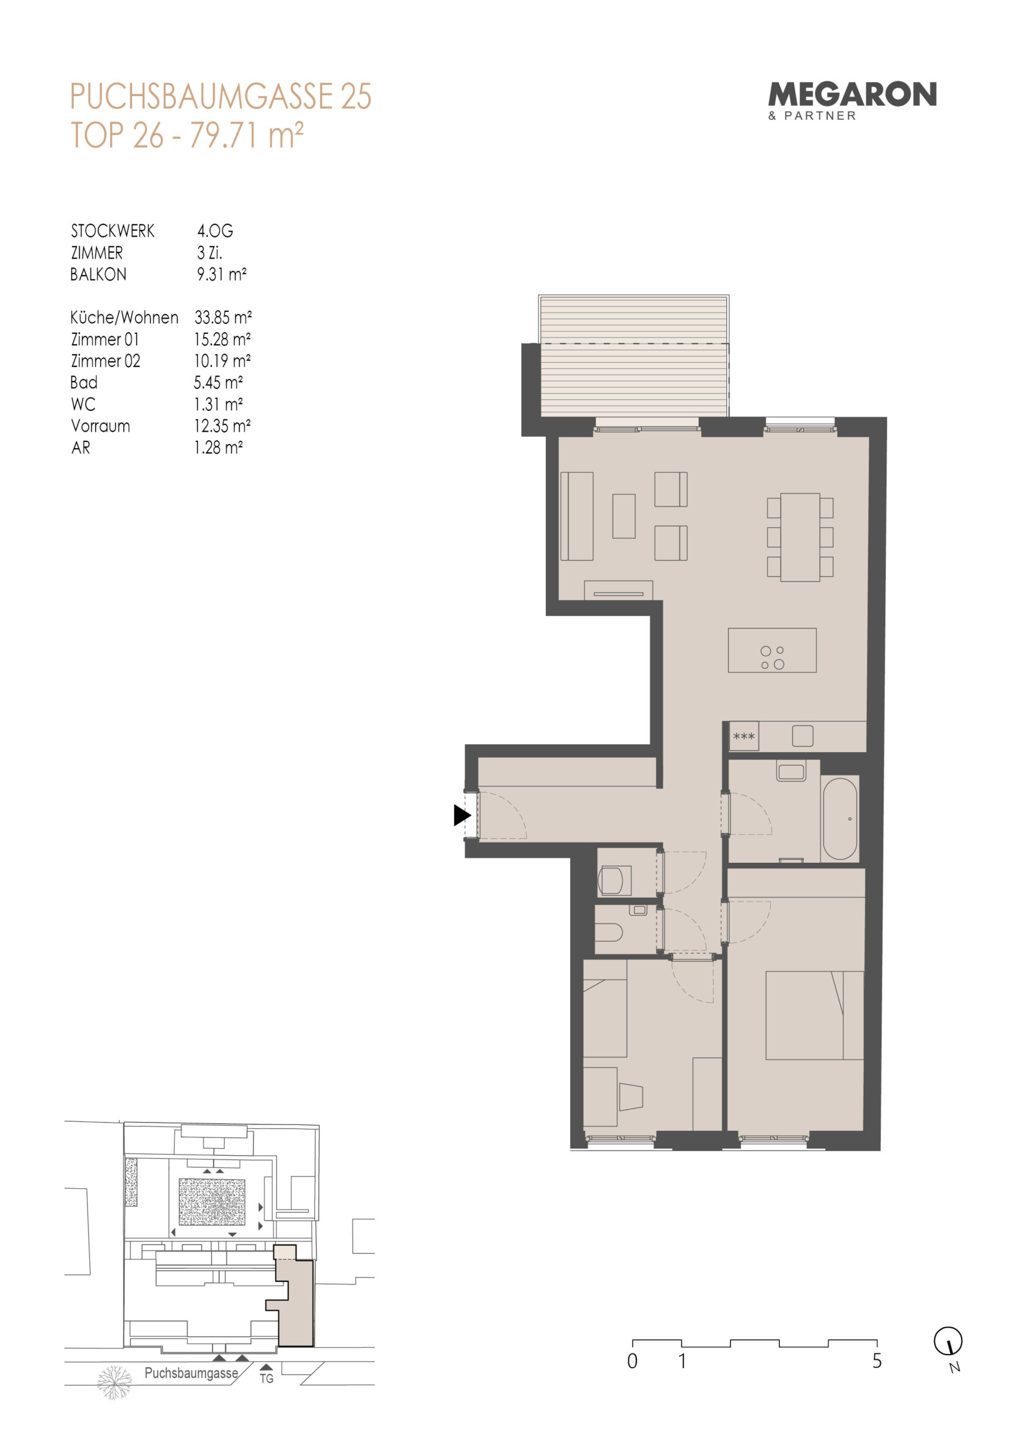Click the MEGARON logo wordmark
click(852, 95)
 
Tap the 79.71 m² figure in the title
click(247, 135)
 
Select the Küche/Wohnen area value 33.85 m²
click(223, 317)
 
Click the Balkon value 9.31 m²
click(221, 275)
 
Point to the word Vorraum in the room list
click(101, 426)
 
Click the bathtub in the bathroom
click(840, 818)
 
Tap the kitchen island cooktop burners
click(772, 657)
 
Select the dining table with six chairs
click(800, 538)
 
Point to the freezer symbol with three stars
click(743, 737)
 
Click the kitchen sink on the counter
click(803, 736)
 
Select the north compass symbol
click(949, 1340)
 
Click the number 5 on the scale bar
click(877, 1361)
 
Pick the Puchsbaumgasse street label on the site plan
click(191, 1374)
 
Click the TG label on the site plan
click(267, 1378)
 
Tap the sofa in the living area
click(576, 516)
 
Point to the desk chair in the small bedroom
click(631, 1096)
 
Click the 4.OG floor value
click(215, 231)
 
